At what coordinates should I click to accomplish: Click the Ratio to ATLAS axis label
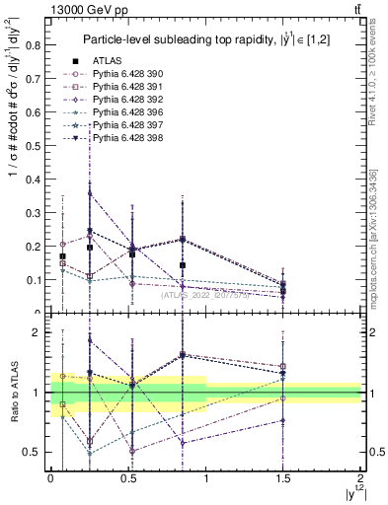13,395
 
